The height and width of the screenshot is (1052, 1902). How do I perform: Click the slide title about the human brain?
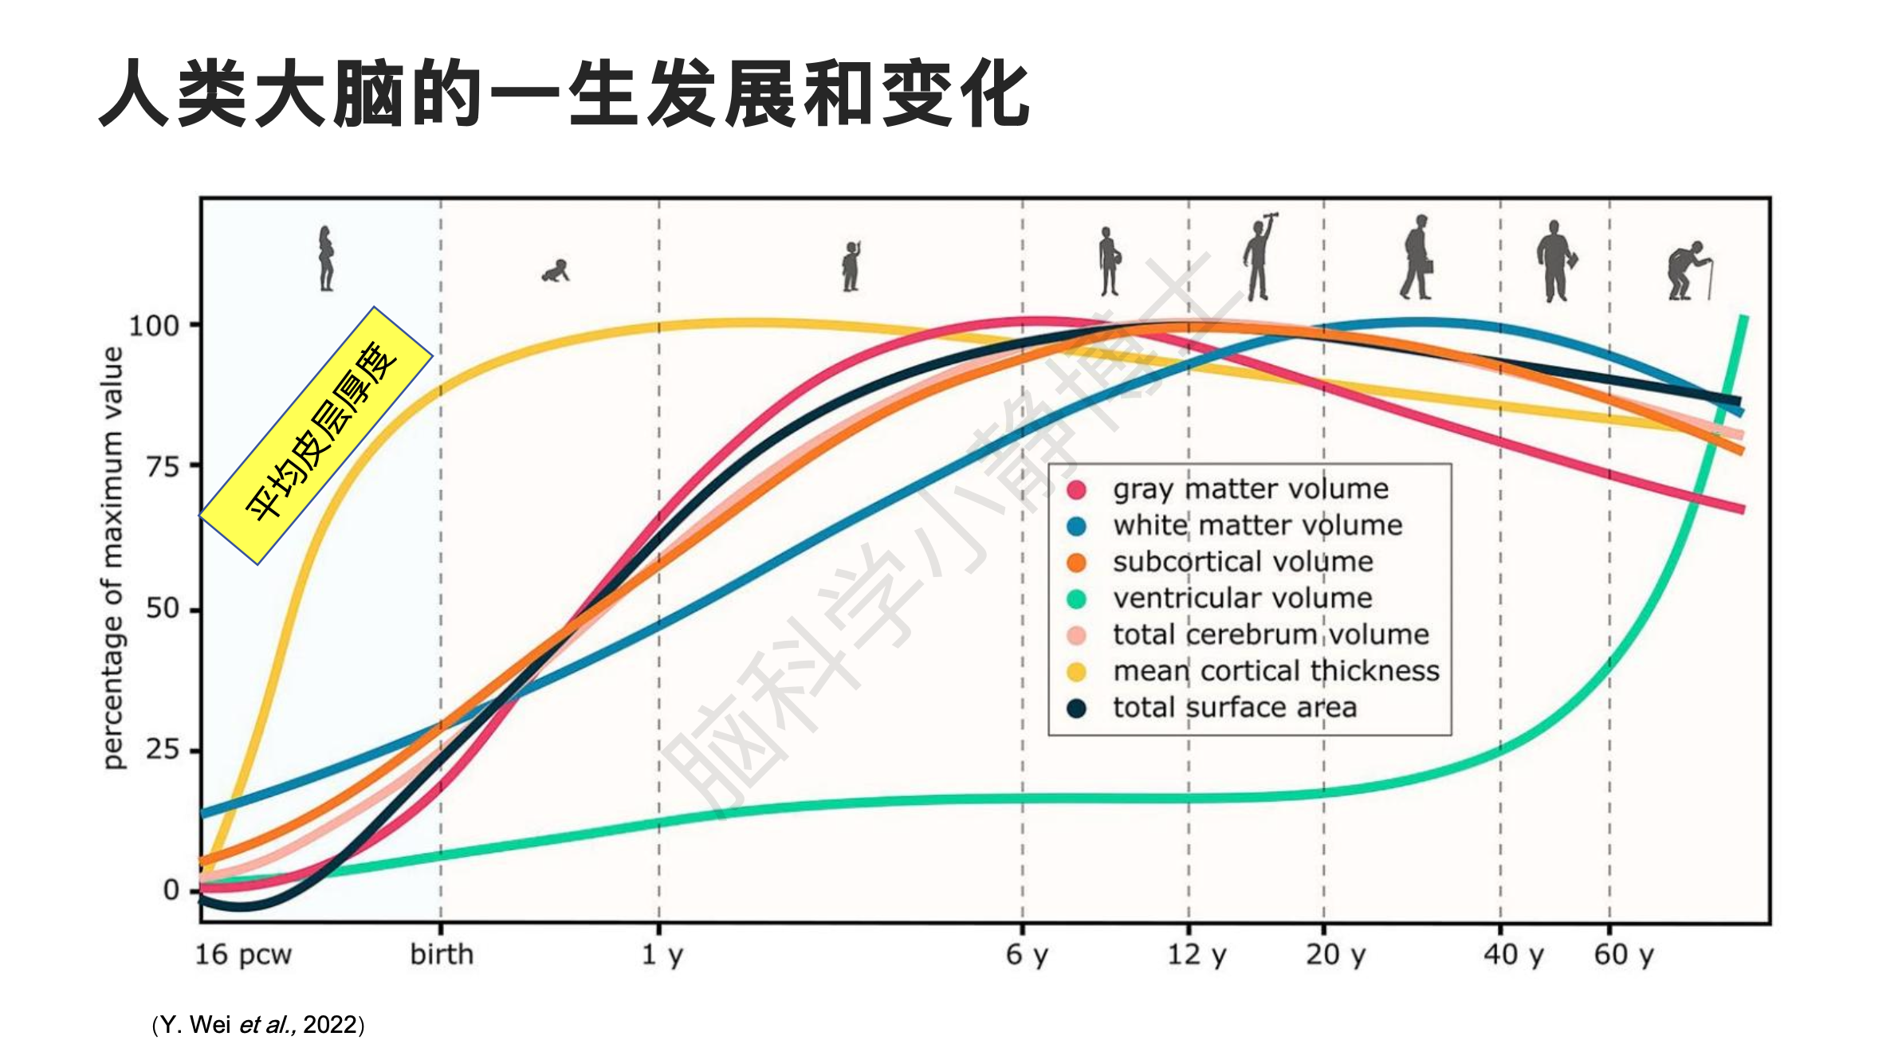pos(564,94)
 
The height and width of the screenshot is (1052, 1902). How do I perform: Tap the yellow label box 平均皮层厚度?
pos(316,435)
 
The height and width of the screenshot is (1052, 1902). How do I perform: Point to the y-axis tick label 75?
pos(163,466)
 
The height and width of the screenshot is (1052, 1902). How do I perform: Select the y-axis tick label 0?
pos(171,889)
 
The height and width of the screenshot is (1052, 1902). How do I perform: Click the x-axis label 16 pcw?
pos(243,954)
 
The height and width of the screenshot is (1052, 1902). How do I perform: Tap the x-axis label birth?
pos(442,954)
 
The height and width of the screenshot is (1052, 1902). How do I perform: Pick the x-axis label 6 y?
pos(1027,954)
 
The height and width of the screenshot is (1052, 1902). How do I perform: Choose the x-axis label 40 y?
pos(1513,954)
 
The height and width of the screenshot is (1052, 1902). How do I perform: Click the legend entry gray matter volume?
pos(1250,489)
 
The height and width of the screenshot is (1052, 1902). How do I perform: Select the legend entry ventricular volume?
pos(1242,598)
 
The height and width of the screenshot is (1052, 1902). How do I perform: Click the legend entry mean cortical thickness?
pos(1275,671)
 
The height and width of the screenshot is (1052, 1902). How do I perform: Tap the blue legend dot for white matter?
pos(1076,526)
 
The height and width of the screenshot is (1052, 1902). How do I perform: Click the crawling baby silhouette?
pos(556,271)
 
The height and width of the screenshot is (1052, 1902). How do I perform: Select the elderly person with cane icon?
pos(1688,271)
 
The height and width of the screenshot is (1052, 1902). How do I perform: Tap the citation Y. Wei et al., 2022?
pos(257,1024)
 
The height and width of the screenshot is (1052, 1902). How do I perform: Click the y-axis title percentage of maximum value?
pos(113,558)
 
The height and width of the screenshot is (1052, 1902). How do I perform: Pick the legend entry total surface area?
pos(1234,708)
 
